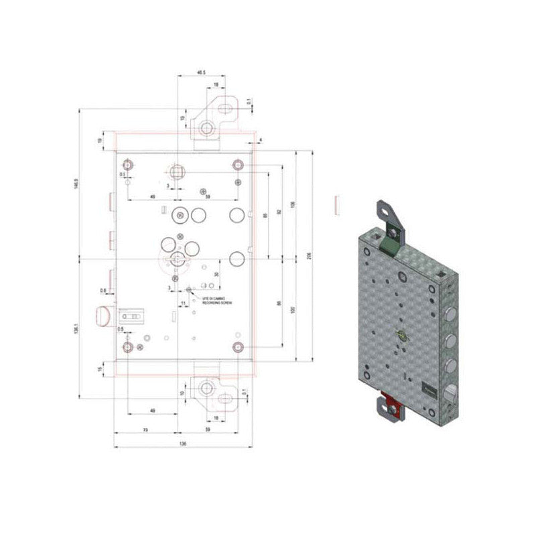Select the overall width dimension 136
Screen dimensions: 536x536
tap(183, 444)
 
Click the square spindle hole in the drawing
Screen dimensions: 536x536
tap(177, 172)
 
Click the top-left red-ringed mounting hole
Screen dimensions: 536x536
tap(127, 164)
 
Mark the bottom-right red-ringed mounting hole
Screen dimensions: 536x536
tap(237, 346)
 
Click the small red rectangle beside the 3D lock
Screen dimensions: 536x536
tap(337, 204)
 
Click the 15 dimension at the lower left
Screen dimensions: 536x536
tap(100, 368)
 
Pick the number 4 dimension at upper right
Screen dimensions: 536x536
tap(261, 139)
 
